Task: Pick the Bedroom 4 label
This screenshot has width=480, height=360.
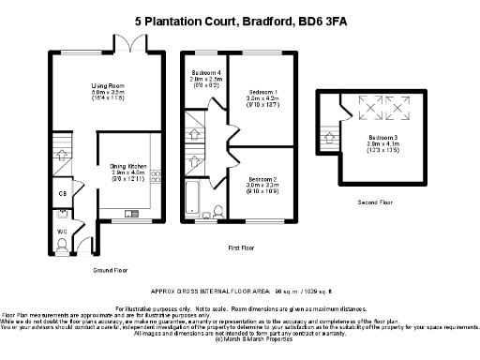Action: point(206,73)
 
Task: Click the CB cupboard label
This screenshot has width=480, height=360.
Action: point(62,194)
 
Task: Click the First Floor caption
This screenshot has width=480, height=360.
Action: point(242,248)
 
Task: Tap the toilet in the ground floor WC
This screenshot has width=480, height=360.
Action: point(62,246)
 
